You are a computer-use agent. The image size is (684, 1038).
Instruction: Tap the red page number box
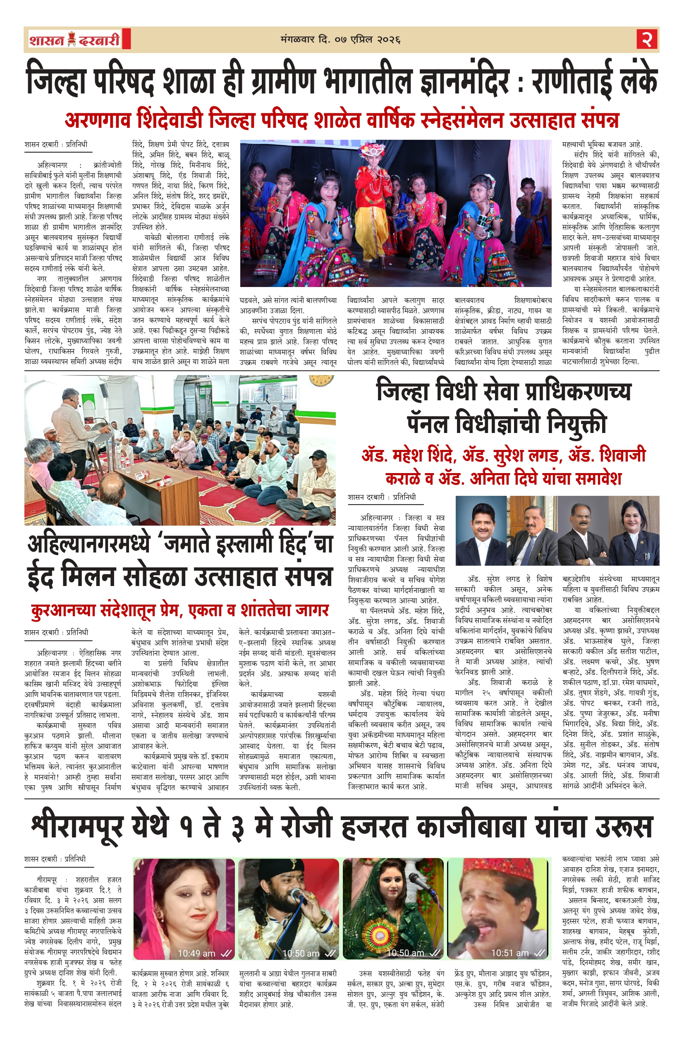[x=647, y=39]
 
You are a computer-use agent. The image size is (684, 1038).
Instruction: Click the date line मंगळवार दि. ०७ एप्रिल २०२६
[x=340, y=40]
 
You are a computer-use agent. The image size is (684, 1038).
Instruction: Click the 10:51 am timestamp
[x=509, y=953]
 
